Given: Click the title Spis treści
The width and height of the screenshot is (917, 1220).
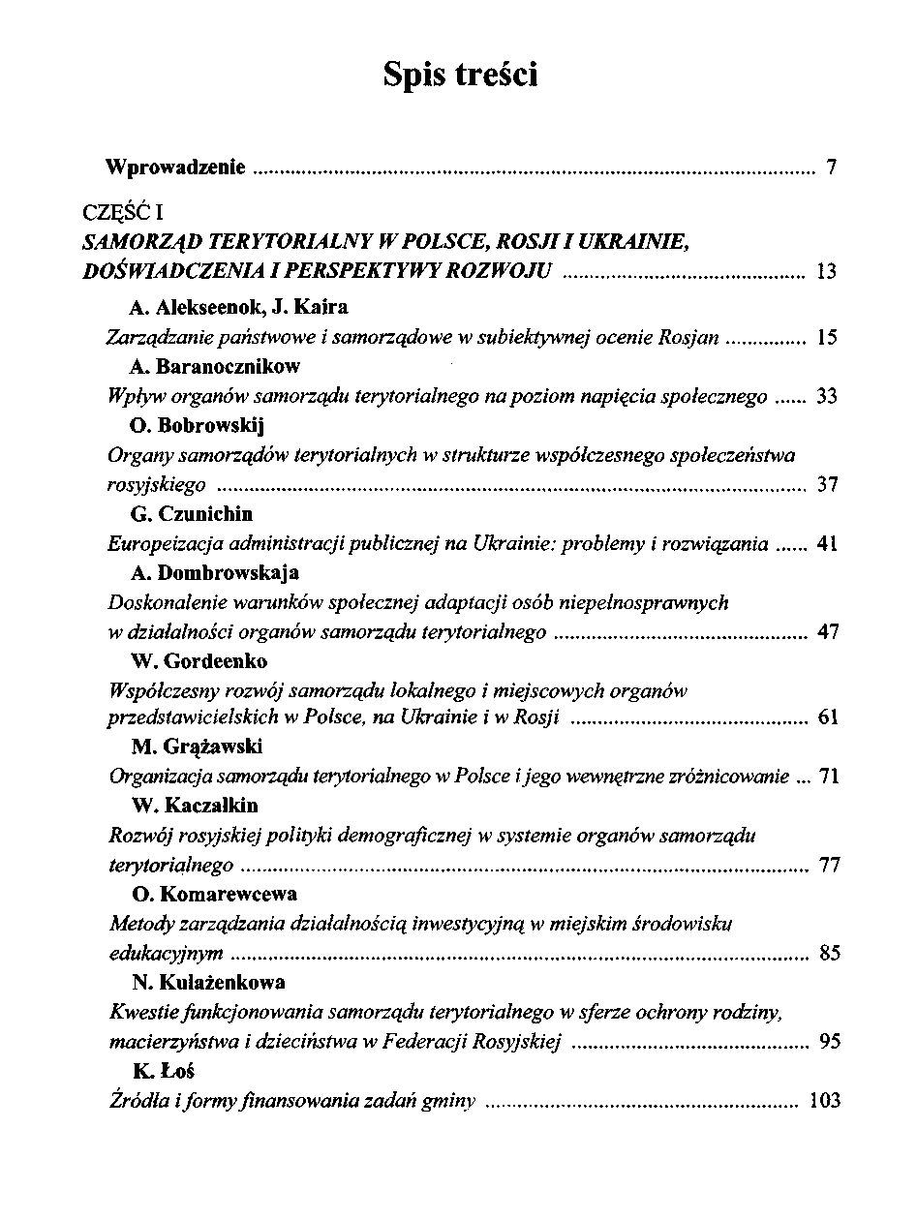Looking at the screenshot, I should pyautogui.click(x=459, y=75).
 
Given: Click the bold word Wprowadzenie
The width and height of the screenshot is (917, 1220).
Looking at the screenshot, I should pyautogui.click(x=174, y=168).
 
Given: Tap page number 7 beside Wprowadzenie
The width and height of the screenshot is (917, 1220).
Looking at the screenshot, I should pyautogui.click(x=831, y=169).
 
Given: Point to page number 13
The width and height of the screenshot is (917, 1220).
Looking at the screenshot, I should pyautogui.click(x=826, y=272).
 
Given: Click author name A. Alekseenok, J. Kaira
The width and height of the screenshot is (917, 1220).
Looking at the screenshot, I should pyautogui.click(x=238, y=308).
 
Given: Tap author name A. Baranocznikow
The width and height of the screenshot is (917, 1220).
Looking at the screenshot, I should pyautogui.click(x=215, y=367).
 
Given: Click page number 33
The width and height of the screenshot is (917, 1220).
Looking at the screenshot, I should pyautogui.click(x=827, y=397).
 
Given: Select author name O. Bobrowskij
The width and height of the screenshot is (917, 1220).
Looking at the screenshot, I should pyautogui.click(x=197, y=426).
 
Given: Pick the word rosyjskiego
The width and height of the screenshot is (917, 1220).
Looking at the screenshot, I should pyautogui.click(x=156, y=485).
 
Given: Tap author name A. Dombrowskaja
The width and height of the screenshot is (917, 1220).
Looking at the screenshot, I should pyautogui.click(x=214, y=573).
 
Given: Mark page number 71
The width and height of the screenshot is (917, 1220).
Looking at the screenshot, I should pyautogui.click(x=828, y=777).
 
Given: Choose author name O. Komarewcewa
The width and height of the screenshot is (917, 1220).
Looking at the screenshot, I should pyautogui.click(x=213, y=894).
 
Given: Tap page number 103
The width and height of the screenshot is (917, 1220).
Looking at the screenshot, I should pyautogui.click(x=823, y=1101).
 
